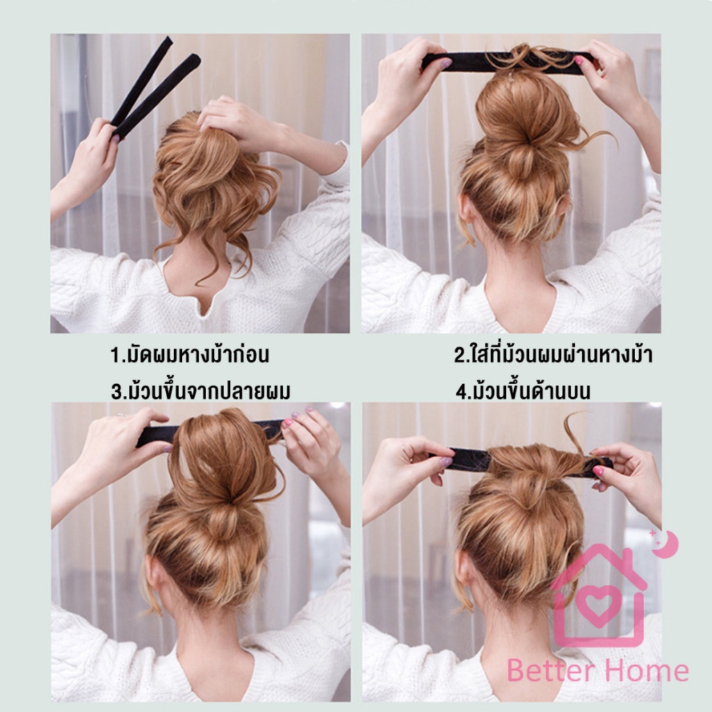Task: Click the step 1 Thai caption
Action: click(x=190, y=355)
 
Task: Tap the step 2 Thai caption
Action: click(x=553, y=354)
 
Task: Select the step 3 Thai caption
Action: click(x=201, y=391)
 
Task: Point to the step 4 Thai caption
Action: click(x=523, y=391)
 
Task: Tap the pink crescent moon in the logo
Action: click(x=667, y=544)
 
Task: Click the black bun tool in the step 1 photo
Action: click(x=154, y=87)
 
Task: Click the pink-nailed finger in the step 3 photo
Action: click(x=287, y=423)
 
